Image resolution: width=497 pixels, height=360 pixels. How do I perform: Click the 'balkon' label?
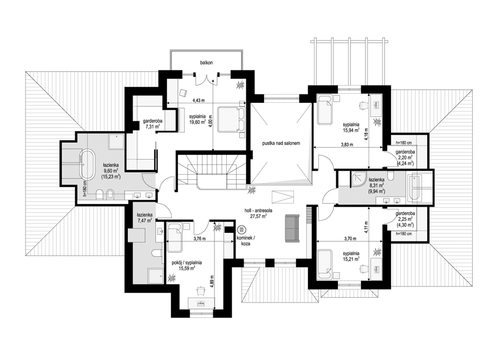[x=206, y=63]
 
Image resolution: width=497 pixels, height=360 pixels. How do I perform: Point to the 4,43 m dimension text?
[x=200, y=100]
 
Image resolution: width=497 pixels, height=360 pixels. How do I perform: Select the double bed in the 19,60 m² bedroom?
[x=231, y=118]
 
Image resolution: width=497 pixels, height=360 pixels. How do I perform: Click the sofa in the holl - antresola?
[x=291, y=227]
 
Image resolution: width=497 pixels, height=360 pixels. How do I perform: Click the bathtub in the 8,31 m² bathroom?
[x=419, y=185]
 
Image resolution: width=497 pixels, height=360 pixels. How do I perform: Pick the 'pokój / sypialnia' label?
[x=187, y=263]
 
